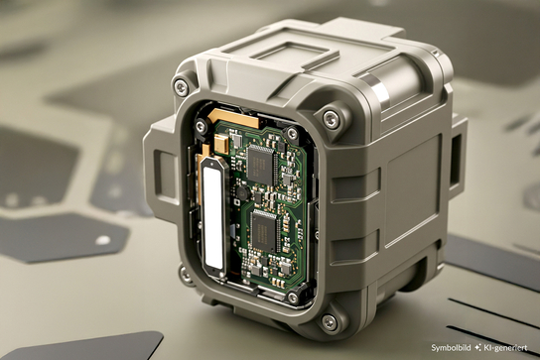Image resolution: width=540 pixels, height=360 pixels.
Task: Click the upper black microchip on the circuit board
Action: tap(261, 163)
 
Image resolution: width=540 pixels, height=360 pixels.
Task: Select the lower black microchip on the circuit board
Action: tap(265, 230)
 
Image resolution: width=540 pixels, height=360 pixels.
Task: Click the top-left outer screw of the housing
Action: tap(181, 87)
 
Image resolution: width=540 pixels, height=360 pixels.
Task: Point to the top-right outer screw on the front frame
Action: tap(332, 119)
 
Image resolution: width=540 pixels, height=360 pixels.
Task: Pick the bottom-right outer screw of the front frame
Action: tap(330, 321)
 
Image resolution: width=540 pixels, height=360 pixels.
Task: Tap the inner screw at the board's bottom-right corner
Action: tap(292, 297)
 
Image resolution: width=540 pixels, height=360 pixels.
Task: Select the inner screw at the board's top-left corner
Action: tap(202, 126)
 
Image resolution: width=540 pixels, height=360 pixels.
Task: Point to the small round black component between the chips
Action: tap(241, 190)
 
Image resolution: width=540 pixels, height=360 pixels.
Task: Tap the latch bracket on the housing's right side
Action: tap(456, 159)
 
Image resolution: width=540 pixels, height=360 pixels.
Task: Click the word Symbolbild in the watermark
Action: tap(452, 347)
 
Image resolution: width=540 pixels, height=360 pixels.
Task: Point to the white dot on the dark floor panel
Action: tap(102, 240)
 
